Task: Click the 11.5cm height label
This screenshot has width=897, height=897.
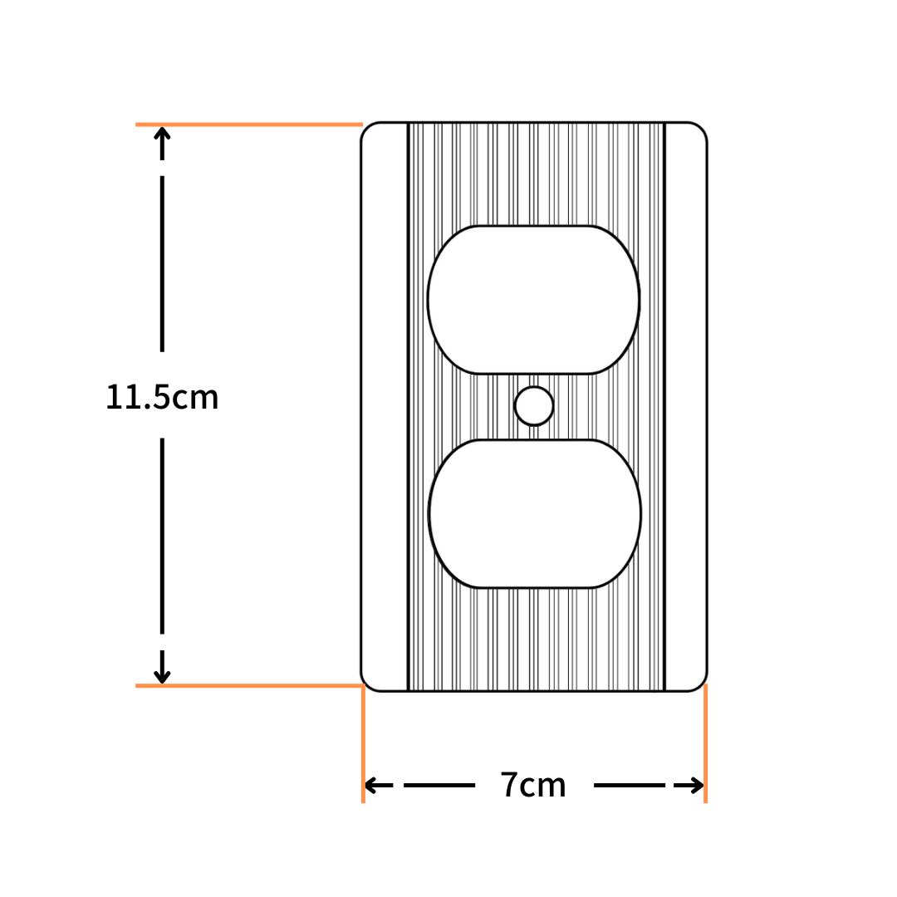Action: tap(162, 397)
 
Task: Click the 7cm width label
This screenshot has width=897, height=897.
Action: tap(533, 785)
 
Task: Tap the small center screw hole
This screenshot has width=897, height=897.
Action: tap(534, 406)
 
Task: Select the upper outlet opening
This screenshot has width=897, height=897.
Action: tap(533, 300)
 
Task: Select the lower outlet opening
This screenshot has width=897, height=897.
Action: tap(534, 514)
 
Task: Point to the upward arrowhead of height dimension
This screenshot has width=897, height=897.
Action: tap(163, 136)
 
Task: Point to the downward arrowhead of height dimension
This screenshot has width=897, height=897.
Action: tap(163, 674)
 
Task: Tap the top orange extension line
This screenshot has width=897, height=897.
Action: tap(249, 124)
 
